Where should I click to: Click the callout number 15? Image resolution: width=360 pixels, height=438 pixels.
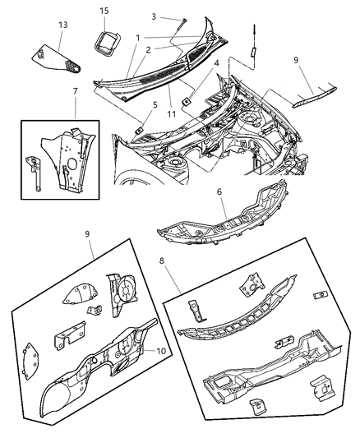coord(104,11)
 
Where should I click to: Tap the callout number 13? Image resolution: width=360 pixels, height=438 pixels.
coord(62,25)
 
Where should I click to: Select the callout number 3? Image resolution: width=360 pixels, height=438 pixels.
coord(154,16)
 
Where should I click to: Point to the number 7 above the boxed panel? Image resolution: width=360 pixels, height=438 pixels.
coord(75,91)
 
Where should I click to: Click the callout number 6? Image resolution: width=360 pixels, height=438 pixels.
coord(219,191)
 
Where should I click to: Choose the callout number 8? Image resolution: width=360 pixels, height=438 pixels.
coord(162,260)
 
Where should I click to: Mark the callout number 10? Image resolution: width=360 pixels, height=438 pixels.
coord(161,351)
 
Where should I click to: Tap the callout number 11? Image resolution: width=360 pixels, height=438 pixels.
coord(171,114)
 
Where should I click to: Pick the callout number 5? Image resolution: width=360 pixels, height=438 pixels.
coord(155,105)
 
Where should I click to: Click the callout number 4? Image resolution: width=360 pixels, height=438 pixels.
coord(216,63)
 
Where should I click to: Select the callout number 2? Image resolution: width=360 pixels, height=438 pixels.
coord(148,50)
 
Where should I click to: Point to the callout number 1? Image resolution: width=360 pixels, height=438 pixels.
coord(138,38)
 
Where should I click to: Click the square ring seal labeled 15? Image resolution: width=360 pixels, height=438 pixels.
coord(107,44)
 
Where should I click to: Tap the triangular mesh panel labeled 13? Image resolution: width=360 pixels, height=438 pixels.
coord(56,60)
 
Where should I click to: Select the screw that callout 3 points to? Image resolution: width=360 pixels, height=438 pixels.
coord(182,25)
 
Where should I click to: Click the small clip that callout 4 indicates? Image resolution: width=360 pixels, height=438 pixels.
coord(186,101)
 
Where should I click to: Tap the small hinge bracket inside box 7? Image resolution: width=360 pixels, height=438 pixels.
coord(34,173)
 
